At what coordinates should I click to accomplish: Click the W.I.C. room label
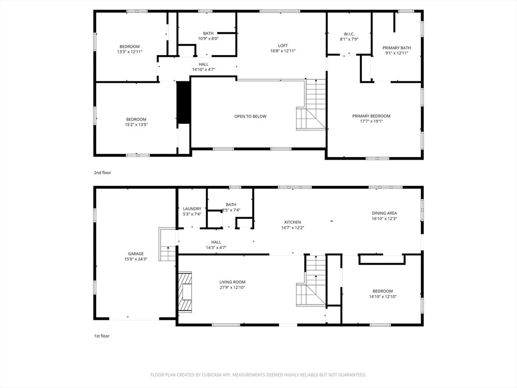349,34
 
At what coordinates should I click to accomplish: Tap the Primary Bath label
397,48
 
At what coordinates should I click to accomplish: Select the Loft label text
283,45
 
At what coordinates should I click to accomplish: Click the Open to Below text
250,117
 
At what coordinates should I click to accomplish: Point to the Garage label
136,254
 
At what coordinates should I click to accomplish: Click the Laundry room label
192,209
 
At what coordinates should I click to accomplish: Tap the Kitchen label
293,222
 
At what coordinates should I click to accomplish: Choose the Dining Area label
384,213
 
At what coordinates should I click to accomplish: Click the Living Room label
232,282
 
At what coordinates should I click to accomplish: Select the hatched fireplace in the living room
185,292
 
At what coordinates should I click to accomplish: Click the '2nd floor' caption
102,173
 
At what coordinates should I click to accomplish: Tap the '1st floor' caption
102,336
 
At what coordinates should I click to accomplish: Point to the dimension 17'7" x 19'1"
371,121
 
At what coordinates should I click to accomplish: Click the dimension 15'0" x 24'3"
136,259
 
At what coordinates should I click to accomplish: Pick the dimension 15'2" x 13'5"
136,124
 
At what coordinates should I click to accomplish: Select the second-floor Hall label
203,64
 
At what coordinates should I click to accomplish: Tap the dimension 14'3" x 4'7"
216,248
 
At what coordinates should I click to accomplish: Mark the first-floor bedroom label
383,291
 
